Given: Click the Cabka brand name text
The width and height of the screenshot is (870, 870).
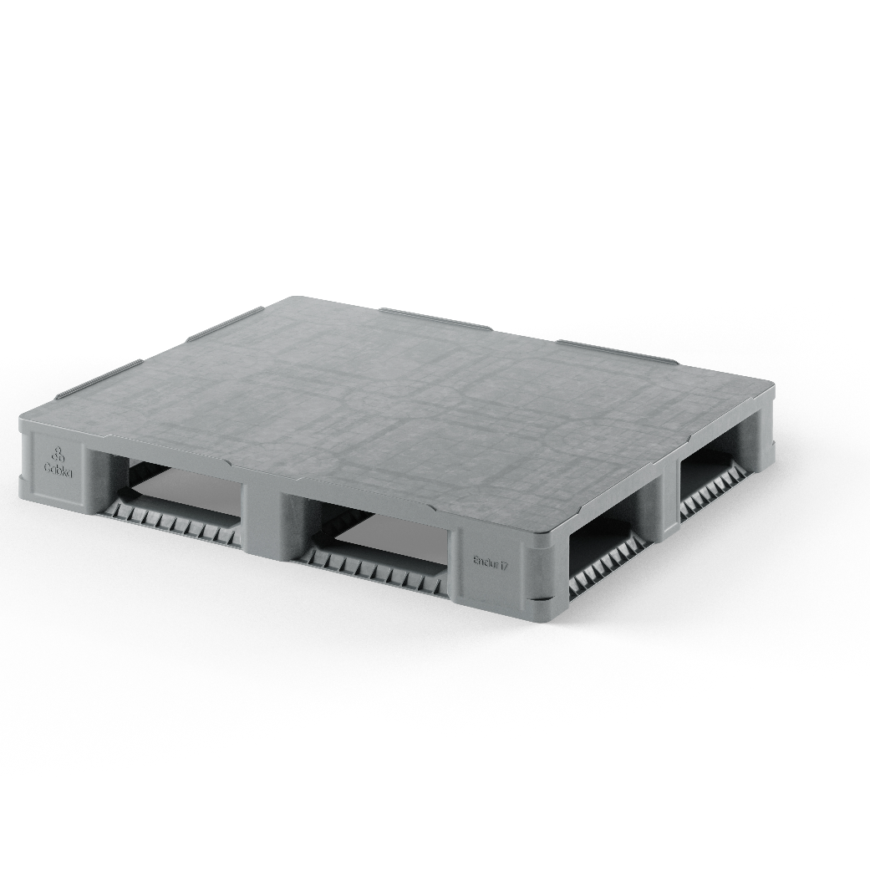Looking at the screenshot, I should point(59,471).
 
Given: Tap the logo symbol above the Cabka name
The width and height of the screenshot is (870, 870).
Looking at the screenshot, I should point(58,455).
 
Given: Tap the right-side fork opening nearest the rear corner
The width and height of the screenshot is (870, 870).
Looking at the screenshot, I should point(715,476).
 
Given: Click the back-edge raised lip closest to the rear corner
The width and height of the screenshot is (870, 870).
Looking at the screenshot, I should point(435,318).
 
